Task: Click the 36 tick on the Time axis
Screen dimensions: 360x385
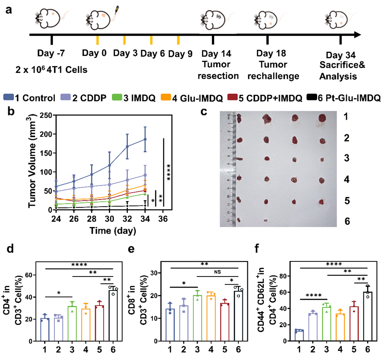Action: [x=163, y=219]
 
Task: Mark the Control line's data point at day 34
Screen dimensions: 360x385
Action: [x=145, y=139]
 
